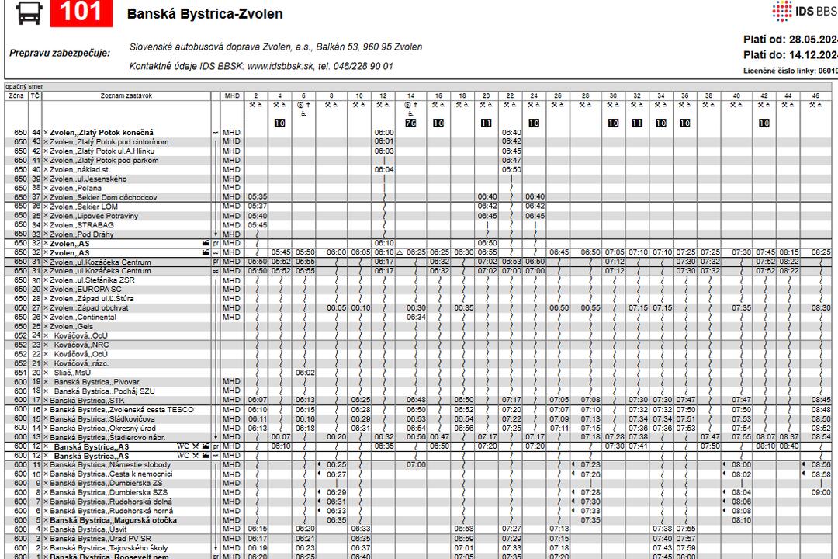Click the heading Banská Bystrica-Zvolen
(x=205, y=14)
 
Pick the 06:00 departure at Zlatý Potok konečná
(x=384, y=133)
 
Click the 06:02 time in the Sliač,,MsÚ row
(x=305, y=373)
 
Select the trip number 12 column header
(x=383, y=95)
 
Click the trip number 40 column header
(x=736, y=95)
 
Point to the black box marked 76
(x=411, y=123)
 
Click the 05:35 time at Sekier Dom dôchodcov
(x=257, y=197)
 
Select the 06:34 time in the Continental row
(x=416, y=317)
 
